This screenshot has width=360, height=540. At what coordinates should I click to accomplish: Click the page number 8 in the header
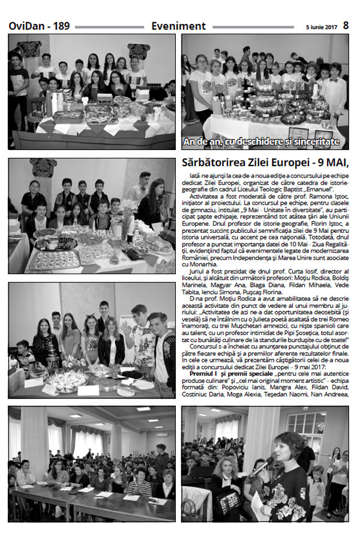pyautogui.click(x=346, y=26)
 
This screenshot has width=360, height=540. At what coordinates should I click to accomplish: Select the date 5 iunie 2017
pyautogui.click(x=322, y=27)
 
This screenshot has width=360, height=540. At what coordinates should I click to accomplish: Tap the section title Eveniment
pyautogui.click(x=179, y=26)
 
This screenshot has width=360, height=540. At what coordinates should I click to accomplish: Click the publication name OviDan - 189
pyautogui.click(x=39, y=26)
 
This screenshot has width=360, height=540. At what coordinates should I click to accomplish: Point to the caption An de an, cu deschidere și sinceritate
pyautogui.click(x=262, y=142)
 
